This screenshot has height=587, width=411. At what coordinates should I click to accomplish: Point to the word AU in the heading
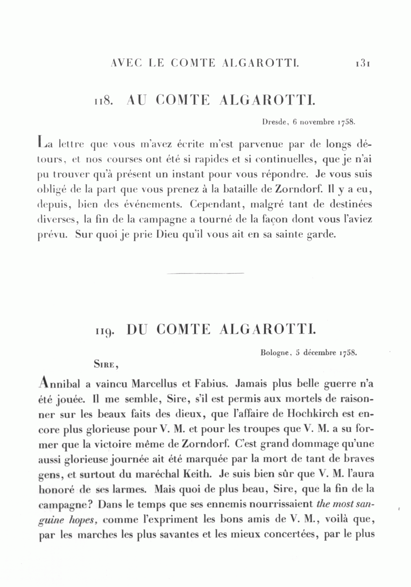136,100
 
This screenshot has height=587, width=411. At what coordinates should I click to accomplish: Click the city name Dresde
273,122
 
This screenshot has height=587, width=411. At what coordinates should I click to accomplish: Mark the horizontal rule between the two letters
205,273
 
